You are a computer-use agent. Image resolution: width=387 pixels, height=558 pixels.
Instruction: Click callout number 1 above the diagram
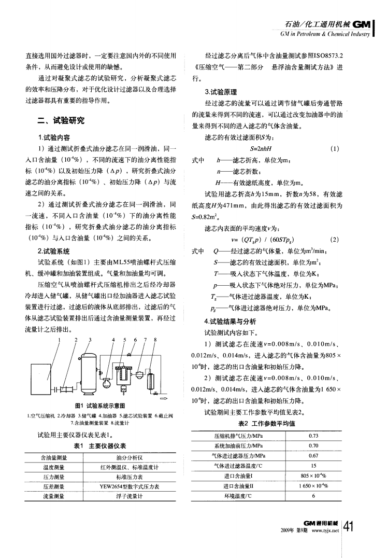click(x=61, y=340)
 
